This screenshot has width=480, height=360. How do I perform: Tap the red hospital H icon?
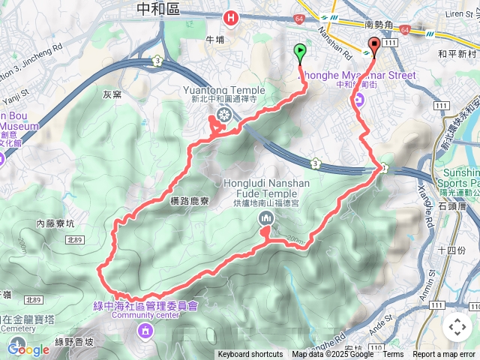[232, 16]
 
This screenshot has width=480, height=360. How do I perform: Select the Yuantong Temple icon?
[223, 114]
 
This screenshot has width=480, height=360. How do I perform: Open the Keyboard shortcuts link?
[250, 355]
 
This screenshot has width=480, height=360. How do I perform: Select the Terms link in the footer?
[393, 355]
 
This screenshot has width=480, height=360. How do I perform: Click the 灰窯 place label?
[112, 94]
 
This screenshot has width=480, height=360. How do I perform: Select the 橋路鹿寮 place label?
[178, 201]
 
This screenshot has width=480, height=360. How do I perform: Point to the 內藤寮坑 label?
[55, 223]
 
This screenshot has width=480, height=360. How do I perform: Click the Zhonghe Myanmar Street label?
[358, 75]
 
